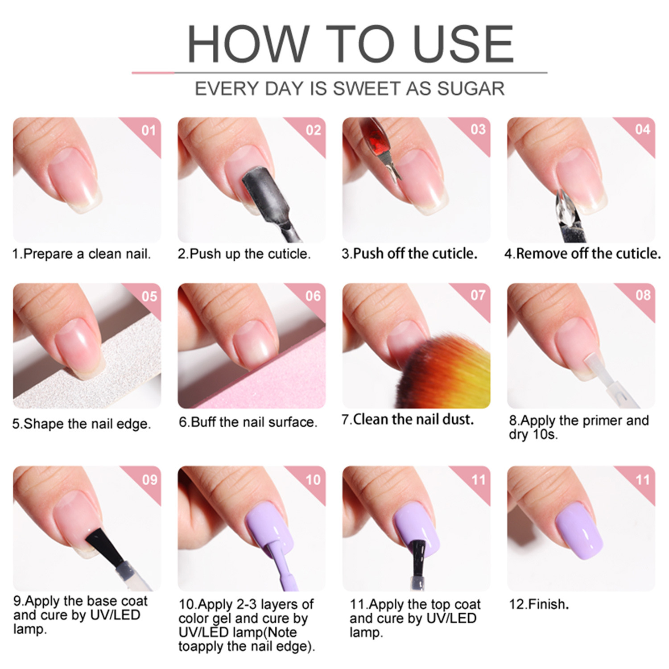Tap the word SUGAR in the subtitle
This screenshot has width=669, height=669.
click(x=471, y=88)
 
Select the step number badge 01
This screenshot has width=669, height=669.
click(x=149, y=130)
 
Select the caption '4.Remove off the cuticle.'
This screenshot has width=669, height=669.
click(x=582, y=253)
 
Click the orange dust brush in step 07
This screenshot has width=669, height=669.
click(x=446, y=370)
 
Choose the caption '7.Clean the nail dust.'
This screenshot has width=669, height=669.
click(x=408, y=419)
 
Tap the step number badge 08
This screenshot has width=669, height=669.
click(x=643, y=295)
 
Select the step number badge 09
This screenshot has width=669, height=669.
click(x=149, y=479)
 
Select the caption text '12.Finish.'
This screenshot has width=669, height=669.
click(x=539, y=604)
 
